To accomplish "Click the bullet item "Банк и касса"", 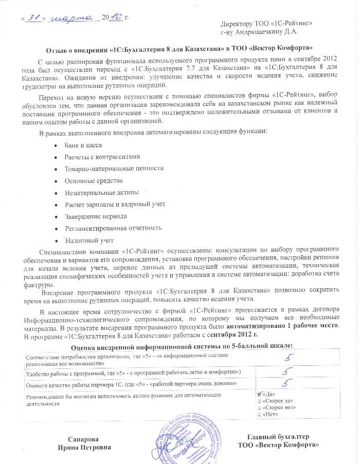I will click(83, 146).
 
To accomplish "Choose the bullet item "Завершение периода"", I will click(96, 216).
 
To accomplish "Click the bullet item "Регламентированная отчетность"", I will click(113, 228).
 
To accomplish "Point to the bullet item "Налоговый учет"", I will click(89, 240).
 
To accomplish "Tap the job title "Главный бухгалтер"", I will click(278, 437).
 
